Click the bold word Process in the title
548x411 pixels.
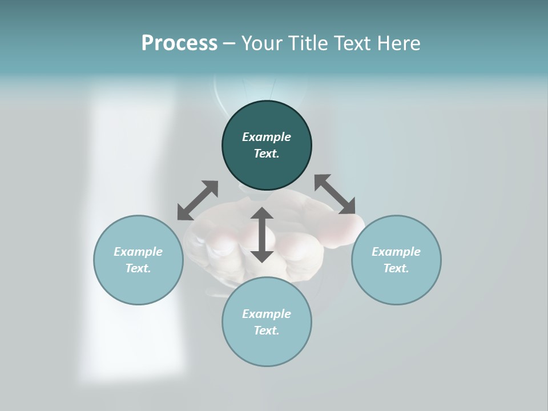(x=179, y=43)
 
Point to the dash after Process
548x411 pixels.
(x=229, y=44)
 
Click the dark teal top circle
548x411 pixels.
(x=267, y=117)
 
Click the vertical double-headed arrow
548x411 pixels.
(x=262, y=235)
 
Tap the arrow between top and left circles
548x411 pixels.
(x=198, y=200)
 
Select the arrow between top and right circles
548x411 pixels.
(x=335, y=194)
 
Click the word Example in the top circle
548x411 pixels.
(x=267, y=137)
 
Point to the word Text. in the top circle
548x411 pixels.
(x=267, y=154)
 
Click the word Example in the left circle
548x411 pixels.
(x=138, y=252)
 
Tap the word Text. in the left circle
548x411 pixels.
(x=138, y=268)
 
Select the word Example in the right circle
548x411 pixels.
(x=396, y=252)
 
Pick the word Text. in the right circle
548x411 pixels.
(x=396, y=268)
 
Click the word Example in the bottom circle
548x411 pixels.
(x=267, y=314)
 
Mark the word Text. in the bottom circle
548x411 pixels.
(x=267, y=331)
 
